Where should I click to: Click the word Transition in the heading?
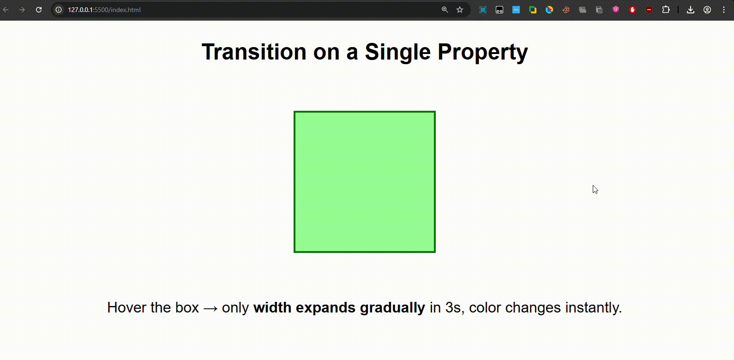(253, 52)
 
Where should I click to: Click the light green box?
(364, 182)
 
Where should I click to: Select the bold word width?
(272, 307)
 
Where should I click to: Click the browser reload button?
(39, 10)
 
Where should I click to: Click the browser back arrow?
(6, 10)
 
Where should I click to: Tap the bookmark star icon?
(460, 10)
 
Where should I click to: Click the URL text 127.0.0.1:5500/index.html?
(104, 10)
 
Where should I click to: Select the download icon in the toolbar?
(691, 10)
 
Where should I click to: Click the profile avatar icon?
(707, 10)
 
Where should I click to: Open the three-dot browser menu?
(724, 10)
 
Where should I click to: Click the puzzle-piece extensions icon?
(666, 10)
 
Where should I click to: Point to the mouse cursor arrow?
(595, 190)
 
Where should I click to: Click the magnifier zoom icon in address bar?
(445, 10)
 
